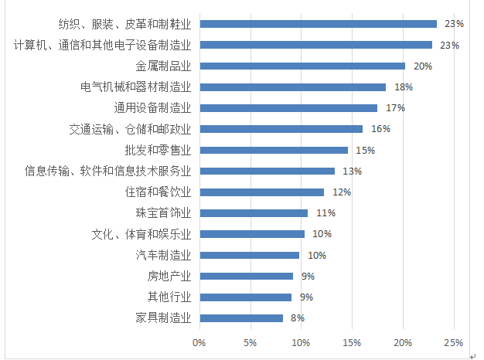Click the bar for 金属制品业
point(302,66)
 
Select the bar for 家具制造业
point(241,318)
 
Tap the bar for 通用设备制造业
point(288,108)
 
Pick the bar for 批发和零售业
point(274,150)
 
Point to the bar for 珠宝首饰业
point(254,212)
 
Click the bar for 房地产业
point(246,276)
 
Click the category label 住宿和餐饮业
point(158,192)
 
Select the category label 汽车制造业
point(163,255)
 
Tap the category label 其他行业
point(169,297)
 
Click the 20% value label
point(422,66)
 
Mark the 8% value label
point(297,318)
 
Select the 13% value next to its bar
point(353,171)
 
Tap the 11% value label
point(326,213)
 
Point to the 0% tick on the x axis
point(199,341)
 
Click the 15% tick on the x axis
point(352,341)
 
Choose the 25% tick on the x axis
point(454,341)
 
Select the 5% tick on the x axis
point(250,341)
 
